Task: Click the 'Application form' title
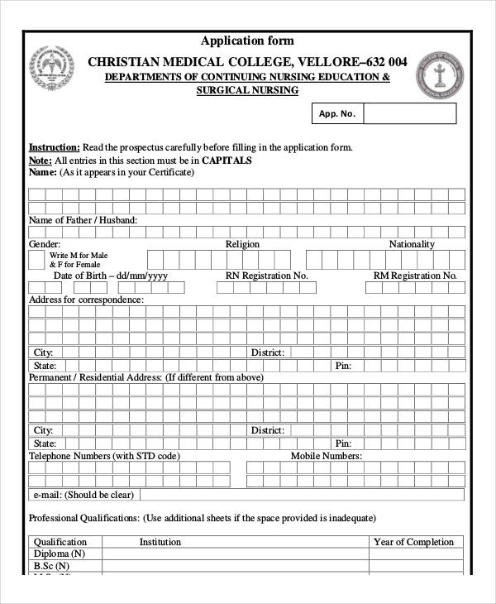pyautogui.click(x=247, y=41)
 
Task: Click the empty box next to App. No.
pyautogui.click(x=409, y=113)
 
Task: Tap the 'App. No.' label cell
pyautogui.click(x=336, y=113)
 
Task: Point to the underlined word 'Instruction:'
pyautogui.click(x=55, y=147)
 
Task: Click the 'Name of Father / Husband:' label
pyautogui.click(x=83, y=220)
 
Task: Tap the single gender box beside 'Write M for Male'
pyautogui.click(x=36, y=260)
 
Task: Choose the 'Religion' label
pyautogui.click(x=242, y=244)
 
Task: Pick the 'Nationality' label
pyautogui.click(x=412, y=244)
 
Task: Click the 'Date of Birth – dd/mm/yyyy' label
pyautogui.click(x=111, y=276)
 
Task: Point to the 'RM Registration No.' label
pyautogui.click(x=415, y=276)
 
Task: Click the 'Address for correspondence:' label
pyautogui.click(x=86, y=300)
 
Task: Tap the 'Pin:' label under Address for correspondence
pyautogui.click(x=344, y=365)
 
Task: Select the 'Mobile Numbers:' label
pyautogui.click(x=326, y=456)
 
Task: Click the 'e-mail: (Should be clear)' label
pyautogui.click(x=83, y=495)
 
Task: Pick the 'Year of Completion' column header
pyautogui.click(x=414, y=542)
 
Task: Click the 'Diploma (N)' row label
pyautogui.click(x=60, y=554)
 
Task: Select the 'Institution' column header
pyautogui.click(x=160, y=542)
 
